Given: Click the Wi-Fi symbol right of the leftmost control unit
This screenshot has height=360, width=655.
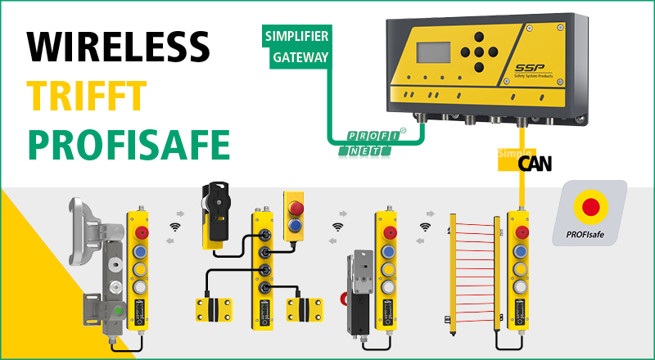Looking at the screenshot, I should pyautogui.click(x=174, y=226).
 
